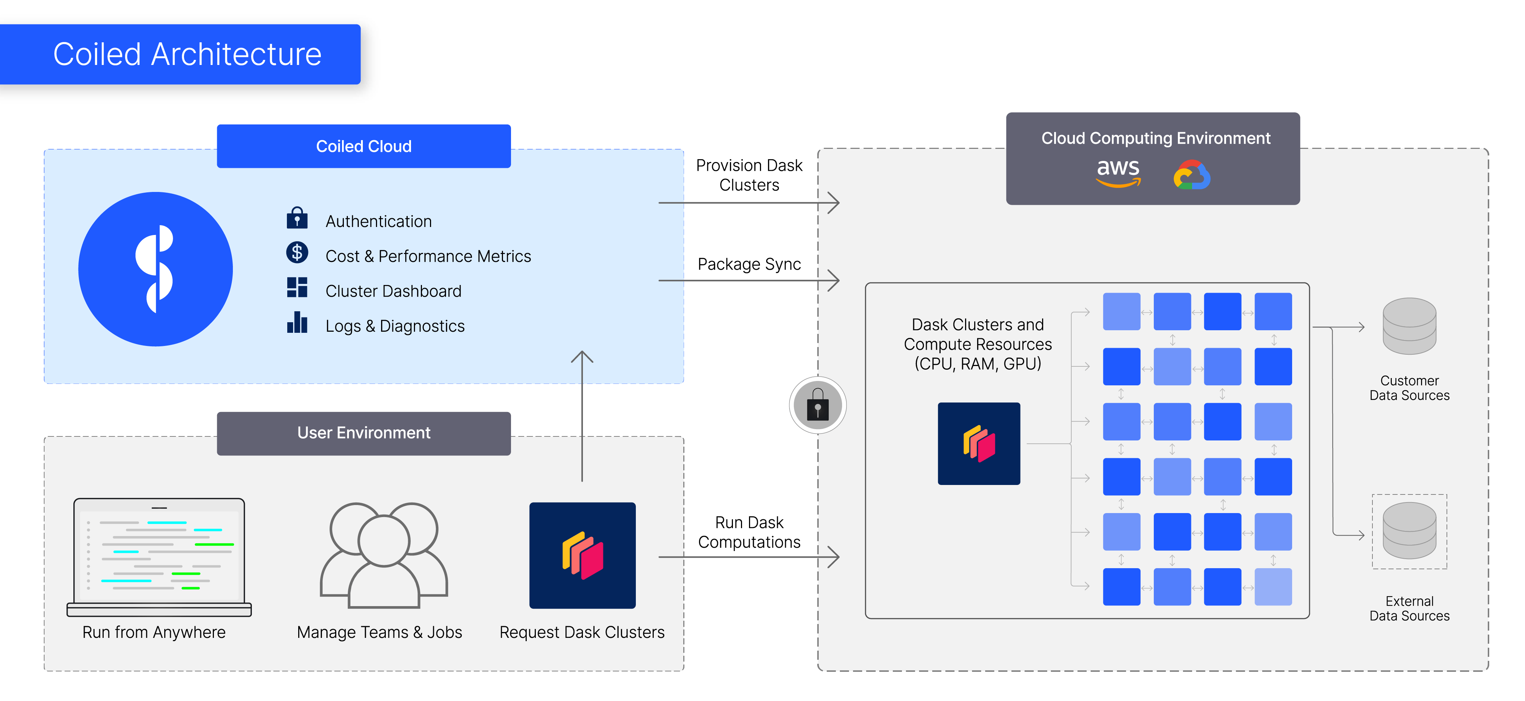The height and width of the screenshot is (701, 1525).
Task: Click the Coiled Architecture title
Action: (x=187, y=54)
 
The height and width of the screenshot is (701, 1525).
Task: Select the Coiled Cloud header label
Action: (x=364, y=146)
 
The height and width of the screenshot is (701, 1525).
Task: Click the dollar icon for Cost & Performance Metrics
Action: (x=297, y=253)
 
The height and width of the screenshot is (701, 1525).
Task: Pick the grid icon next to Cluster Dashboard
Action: (x=297, y=288)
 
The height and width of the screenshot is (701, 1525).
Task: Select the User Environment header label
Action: (x=364, y=433)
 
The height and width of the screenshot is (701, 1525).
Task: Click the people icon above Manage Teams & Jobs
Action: (x=384, y=555)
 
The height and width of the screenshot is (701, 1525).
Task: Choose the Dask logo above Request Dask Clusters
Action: (x=583, y=555)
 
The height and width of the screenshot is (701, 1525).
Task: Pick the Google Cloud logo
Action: (x=1192, y=175)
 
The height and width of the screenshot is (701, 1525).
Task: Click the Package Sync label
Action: (x=749, y=264)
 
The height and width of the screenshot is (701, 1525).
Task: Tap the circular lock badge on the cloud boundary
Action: (x=818, y=405)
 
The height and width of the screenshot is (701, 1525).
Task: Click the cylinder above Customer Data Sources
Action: (x=1409, y=326)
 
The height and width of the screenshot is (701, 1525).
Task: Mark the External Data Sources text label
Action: (x=1409, y=609)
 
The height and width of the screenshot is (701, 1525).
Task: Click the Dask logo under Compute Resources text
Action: (x=979, y=443)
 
